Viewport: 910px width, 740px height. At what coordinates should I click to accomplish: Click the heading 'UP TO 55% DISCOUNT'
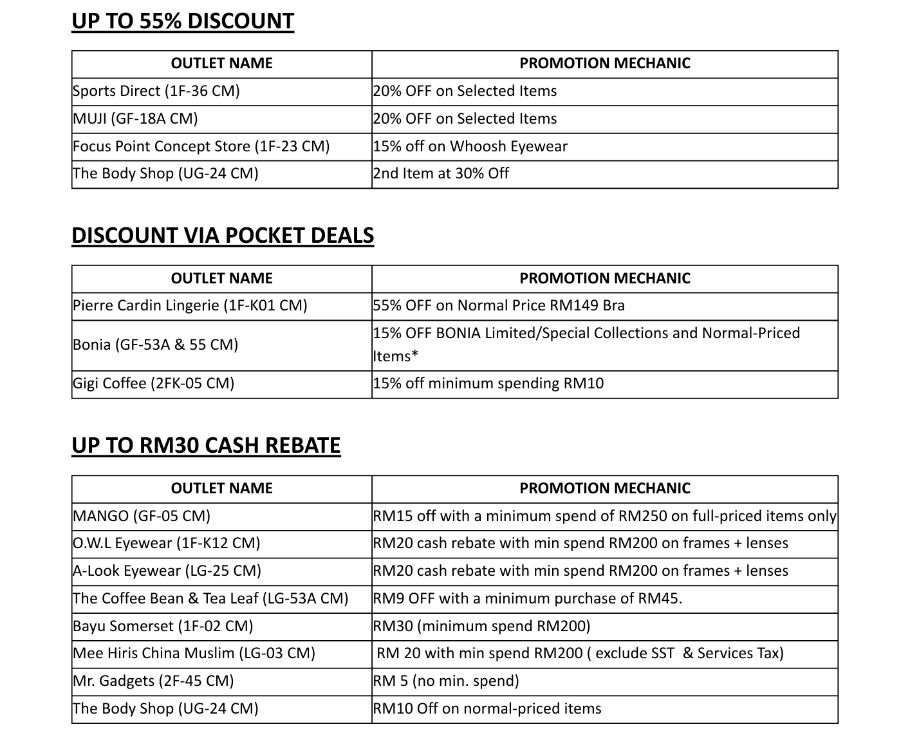tap(183, 21)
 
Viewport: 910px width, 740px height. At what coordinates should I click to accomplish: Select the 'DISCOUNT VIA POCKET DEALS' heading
tap(223, 235)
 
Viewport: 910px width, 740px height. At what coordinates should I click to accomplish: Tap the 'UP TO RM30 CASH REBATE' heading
tap(206, 446)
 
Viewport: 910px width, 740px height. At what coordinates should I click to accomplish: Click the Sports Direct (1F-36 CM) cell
tap(156, 91)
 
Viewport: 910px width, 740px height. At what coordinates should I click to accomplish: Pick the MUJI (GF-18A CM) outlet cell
tap(136, 119)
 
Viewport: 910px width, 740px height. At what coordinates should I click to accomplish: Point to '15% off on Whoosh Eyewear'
tap(470, 146)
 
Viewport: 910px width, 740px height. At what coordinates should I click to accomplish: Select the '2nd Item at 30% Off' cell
tap(441, 173)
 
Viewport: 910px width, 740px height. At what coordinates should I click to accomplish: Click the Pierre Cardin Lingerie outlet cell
tap(190, 305)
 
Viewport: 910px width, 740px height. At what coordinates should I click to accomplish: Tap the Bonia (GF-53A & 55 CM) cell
tap(156, 345)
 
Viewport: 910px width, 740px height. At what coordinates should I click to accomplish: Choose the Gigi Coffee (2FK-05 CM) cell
tap(154, 383)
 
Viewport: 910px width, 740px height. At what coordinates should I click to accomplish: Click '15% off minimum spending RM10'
tap(488, 383)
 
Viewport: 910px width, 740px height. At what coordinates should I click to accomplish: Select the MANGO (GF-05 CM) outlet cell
tap(142, 516)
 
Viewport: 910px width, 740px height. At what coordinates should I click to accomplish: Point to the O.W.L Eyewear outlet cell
tap(167, 543)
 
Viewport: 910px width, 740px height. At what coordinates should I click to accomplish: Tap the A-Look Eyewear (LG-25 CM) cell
tap(167, 571)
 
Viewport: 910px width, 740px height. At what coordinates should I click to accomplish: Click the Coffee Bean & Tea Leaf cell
tap(210, 598)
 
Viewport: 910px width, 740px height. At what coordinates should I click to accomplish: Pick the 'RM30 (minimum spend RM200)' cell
tap(481, 626)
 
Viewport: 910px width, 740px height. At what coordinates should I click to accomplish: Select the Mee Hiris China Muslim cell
tap(194, 653)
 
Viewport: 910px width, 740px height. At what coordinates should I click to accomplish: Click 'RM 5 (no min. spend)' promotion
tap(446, 681)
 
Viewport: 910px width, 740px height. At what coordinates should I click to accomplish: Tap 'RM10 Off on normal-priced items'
tap(487, 708)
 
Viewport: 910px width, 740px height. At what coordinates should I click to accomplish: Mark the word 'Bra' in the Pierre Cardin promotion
tap(613, 305)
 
